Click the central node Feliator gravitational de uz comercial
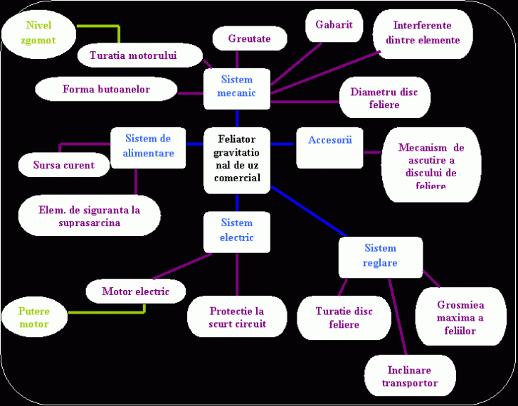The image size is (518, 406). (x=237, y=160)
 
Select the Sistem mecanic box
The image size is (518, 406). (x=237, y=87)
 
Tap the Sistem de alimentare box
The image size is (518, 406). (x=148, y=146)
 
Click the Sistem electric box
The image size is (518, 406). (x=237, y=231)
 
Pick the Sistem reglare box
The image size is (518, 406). (x=380, y=256)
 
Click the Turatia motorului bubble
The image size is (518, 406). (x=134, y=55)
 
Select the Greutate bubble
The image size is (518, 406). (x=250, y=39)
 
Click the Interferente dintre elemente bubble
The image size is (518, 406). (x=423, y=33)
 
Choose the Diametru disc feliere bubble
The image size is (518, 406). (x=384, y=99)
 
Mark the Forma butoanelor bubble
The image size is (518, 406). (x=107, y=90)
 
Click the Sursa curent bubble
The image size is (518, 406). (x=63, y=166)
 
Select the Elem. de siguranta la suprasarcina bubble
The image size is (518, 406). (x=90, y=216)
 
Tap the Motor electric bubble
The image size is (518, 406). (x=136, y=292)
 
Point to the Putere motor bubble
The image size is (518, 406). (x=34, y=318)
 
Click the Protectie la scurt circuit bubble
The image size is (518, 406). (x=237, y=317)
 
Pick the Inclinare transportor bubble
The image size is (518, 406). (x=409, y=377)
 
